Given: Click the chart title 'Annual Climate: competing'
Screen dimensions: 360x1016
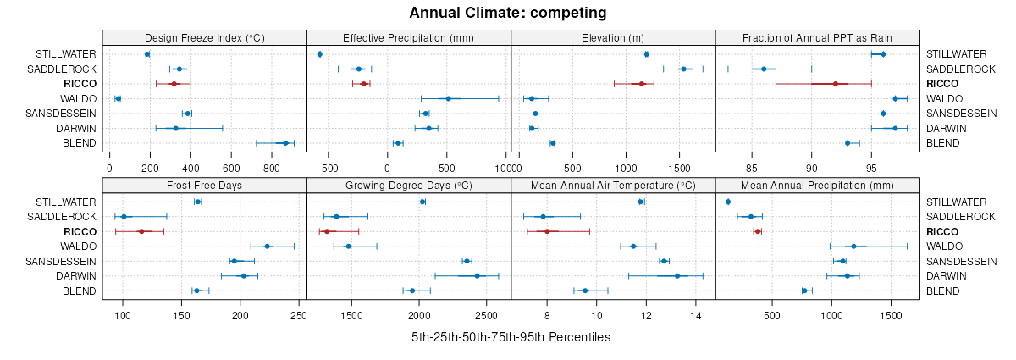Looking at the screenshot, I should click(507, 13).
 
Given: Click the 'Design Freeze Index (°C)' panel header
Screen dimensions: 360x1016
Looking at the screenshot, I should click(204, 37).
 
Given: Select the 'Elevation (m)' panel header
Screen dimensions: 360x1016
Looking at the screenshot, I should click(613, 37).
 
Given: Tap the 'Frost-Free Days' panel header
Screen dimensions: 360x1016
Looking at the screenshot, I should click(204, 185).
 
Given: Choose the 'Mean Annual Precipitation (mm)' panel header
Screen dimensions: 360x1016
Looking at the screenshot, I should click(817, 185).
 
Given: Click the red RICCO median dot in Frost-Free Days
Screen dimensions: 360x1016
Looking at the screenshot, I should click(141, 231).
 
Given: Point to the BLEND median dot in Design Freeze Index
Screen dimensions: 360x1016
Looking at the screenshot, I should click(285, 143).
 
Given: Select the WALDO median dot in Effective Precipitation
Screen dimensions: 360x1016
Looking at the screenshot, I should click(449, 98).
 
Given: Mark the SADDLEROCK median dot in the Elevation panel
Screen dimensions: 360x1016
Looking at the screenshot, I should click(683, 69).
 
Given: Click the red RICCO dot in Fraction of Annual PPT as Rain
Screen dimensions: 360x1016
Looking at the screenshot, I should click(836, 84).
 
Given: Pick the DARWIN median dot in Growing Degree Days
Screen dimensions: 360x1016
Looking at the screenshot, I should click(477, 276).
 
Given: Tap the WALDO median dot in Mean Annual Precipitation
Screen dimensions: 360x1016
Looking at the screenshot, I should click(853, 246).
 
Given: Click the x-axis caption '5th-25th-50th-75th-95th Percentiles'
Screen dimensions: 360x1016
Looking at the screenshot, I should click(511, 337).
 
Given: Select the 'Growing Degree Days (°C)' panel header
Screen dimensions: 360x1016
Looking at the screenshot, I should click(408, 185).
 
